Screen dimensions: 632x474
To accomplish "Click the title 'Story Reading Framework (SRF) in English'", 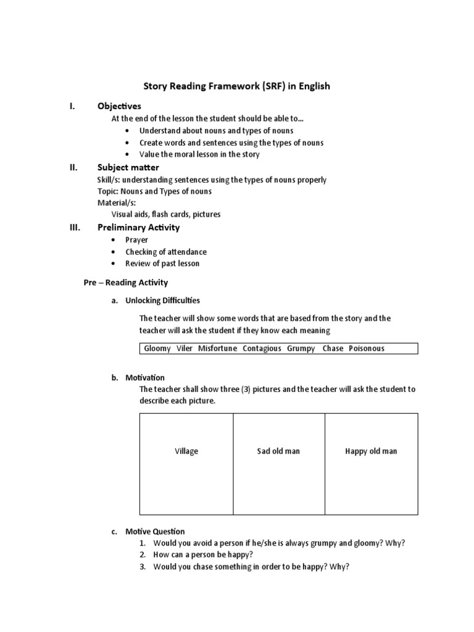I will point(237,86).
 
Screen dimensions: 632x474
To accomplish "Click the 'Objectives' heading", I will point(119,106).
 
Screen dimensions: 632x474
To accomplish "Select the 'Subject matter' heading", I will point(128,167).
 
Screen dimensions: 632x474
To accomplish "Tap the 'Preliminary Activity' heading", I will point(138,227).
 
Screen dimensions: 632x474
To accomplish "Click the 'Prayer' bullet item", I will point(136,239).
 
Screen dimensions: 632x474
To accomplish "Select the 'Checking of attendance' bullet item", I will point(165,252).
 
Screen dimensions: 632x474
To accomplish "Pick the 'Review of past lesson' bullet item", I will point(162,264).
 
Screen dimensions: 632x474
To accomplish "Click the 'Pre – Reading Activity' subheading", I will point(126,283).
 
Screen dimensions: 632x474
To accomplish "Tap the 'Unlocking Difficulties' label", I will point(162,301).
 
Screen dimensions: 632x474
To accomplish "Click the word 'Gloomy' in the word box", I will point(157,349).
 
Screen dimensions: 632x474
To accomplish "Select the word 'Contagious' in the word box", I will point(262,349).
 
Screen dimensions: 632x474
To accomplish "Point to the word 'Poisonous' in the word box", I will point(366,349).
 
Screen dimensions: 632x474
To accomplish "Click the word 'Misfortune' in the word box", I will point(217,349).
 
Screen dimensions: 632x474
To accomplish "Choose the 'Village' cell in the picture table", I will point(186,451).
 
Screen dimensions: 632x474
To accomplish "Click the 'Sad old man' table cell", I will point(278,451).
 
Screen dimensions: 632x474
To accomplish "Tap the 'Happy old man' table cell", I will point(371,451).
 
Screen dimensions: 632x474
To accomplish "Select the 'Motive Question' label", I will point(155,531).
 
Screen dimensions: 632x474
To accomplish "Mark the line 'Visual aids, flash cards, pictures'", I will point(165,215).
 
